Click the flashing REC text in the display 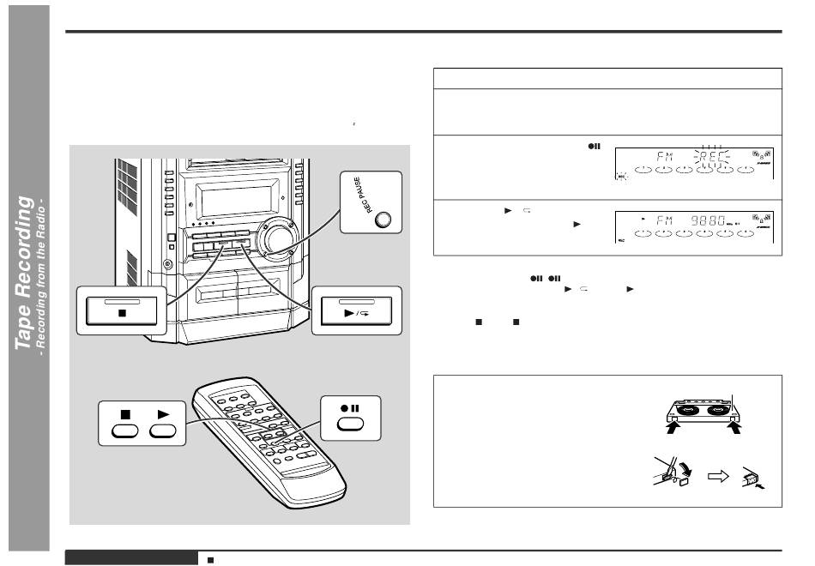tap(712, 158)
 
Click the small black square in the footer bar tap(210, 559)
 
